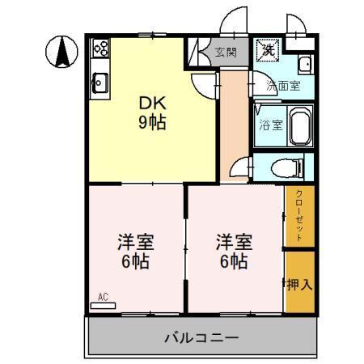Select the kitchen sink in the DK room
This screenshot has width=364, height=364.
click(x=100, y=80)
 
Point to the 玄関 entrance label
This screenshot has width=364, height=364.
click(x=226, y=53)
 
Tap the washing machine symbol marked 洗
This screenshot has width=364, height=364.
click(x=268, y=49)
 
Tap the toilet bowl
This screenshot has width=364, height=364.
click(x=283, y=168)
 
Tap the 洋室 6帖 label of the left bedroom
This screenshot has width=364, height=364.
click(x=135, y=252)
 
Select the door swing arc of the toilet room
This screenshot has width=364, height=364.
click(x=240, y=167)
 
